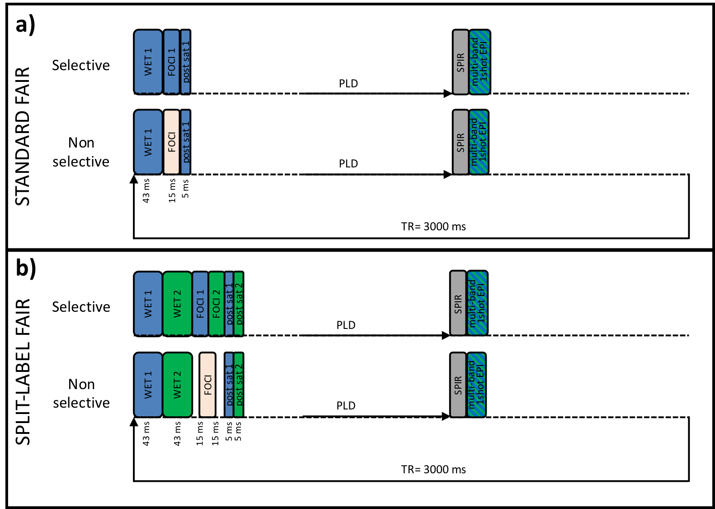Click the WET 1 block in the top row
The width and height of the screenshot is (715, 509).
click(x=148, y=62)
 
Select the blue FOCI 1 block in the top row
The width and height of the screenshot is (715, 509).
click(x=171, y=62)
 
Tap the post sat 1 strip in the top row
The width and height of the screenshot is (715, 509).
click(x=185, y=62)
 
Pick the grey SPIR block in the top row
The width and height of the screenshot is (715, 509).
click(x=461, y=62)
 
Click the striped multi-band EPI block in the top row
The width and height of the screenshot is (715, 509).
click(x=480, y=62)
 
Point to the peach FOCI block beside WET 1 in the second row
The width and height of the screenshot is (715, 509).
click(x=171, y=142)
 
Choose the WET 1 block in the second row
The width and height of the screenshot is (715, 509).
click(x=148, y=142)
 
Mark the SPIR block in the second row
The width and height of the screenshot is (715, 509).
click(x=461, y=142)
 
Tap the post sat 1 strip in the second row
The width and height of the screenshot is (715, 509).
click(x=185, y=142)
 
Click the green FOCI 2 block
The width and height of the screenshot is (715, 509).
click(x=216, y=303)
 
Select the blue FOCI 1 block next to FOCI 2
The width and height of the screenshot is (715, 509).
click(x=200, y=303)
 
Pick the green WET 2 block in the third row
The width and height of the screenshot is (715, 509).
click(x=177, y=303)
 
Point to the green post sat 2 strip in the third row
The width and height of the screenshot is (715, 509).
click(x=239, y=303)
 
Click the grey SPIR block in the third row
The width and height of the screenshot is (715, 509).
click(x=458, y=303)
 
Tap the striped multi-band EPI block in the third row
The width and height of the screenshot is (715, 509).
click(x=477, y=303)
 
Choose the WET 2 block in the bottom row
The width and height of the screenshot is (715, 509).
click(x=177, y=385)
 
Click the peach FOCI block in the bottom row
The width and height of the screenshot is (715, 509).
click(x=207, y=385)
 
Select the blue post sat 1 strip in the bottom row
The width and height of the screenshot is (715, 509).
click(x=229, y=385)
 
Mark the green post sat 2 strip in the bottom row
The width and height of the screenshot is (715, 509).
click(x=239, y=385)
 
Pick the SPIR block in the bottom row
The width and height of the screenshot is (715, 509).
click(x=458, y=385)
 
